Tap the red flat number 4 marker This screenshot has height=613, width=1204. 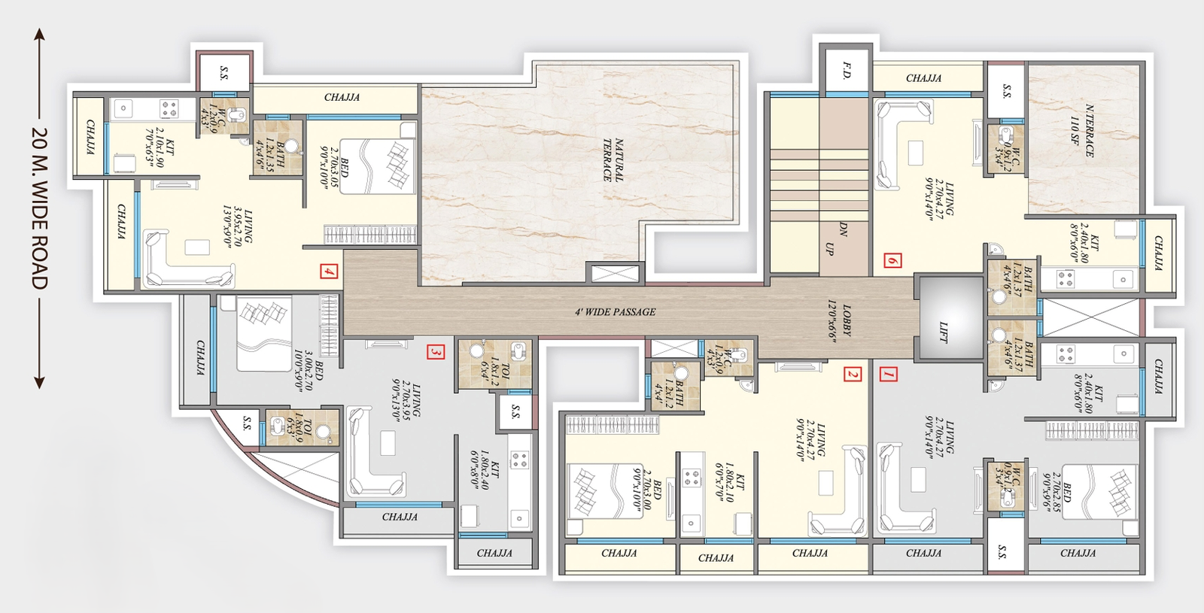(x=329, y=272)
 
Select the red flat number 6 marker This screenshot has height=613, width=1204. (x=892, y=260)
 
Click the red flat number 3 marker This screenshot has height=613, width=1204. (x=435, y=351)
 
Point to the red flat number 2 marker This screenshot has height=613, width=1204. (x=852, y=374)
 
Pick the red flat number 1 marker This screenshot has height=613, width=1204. (x=889, y=374)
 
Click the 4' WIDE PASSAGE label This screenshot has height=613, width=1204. (x=615, y=311)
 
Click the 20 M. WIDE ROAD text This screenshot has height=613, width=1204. (x=39, y=209)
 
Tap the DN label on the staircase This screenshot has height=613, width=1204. (x=843, y=229)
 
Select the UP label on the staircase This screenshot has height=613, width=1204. (x=830, y=247)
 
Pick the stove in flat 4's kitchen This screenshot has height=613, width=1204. (x=169, y=108)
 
